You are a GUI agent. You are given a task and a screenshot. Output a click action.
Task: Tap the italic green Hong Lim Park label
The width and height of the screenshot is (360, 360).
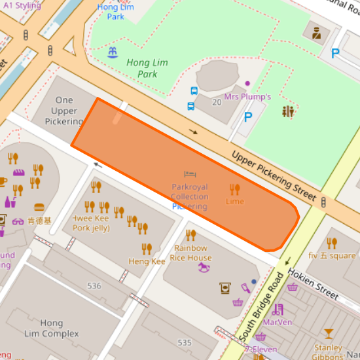point(142,68)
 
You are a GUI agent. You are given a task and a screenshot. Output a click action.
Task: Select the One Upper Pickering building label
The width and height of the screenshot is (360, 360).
point(64,111)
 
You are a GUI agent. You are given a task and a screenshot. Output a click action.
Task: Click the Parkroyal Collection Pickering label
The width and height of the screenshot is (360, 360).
point(189,196)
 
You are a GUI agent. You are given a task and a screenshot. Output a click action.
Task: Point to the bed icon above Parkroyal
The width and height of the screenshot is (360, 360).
point(189,174)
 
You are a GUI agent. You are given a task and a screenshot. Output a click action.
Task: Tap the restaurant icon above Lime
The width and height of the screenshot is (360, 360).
point(234,189)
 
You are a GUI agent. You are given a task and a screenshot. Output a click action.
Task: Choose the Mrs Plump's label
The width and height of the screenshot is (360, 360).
point(247,97)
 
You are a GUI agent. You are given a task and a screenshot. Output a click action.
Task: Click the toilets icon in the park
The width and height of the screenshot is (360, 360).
point(289,112)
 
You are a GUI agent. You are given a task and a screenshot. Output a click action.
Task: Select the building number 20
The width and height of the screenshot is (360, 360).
point(217,101)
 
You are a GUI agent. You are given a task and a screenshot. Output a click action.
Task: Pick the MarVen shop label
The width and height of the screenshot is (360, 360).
point(277,322)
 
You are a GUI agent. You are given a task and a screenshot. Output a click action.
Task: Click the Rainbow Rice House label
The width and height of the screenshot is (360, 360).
point(192,253)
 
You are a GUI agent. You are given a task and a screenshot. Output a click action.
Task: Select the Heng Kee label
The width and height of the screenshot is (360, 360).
point(147,261)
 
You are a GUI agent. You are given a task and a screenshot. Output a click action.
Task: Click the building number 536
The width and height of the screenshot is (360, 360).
point(94,286)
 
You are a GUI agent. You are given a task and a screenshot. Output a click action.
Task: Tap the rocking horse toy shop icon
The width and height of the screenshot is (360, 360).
point(206,268)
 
